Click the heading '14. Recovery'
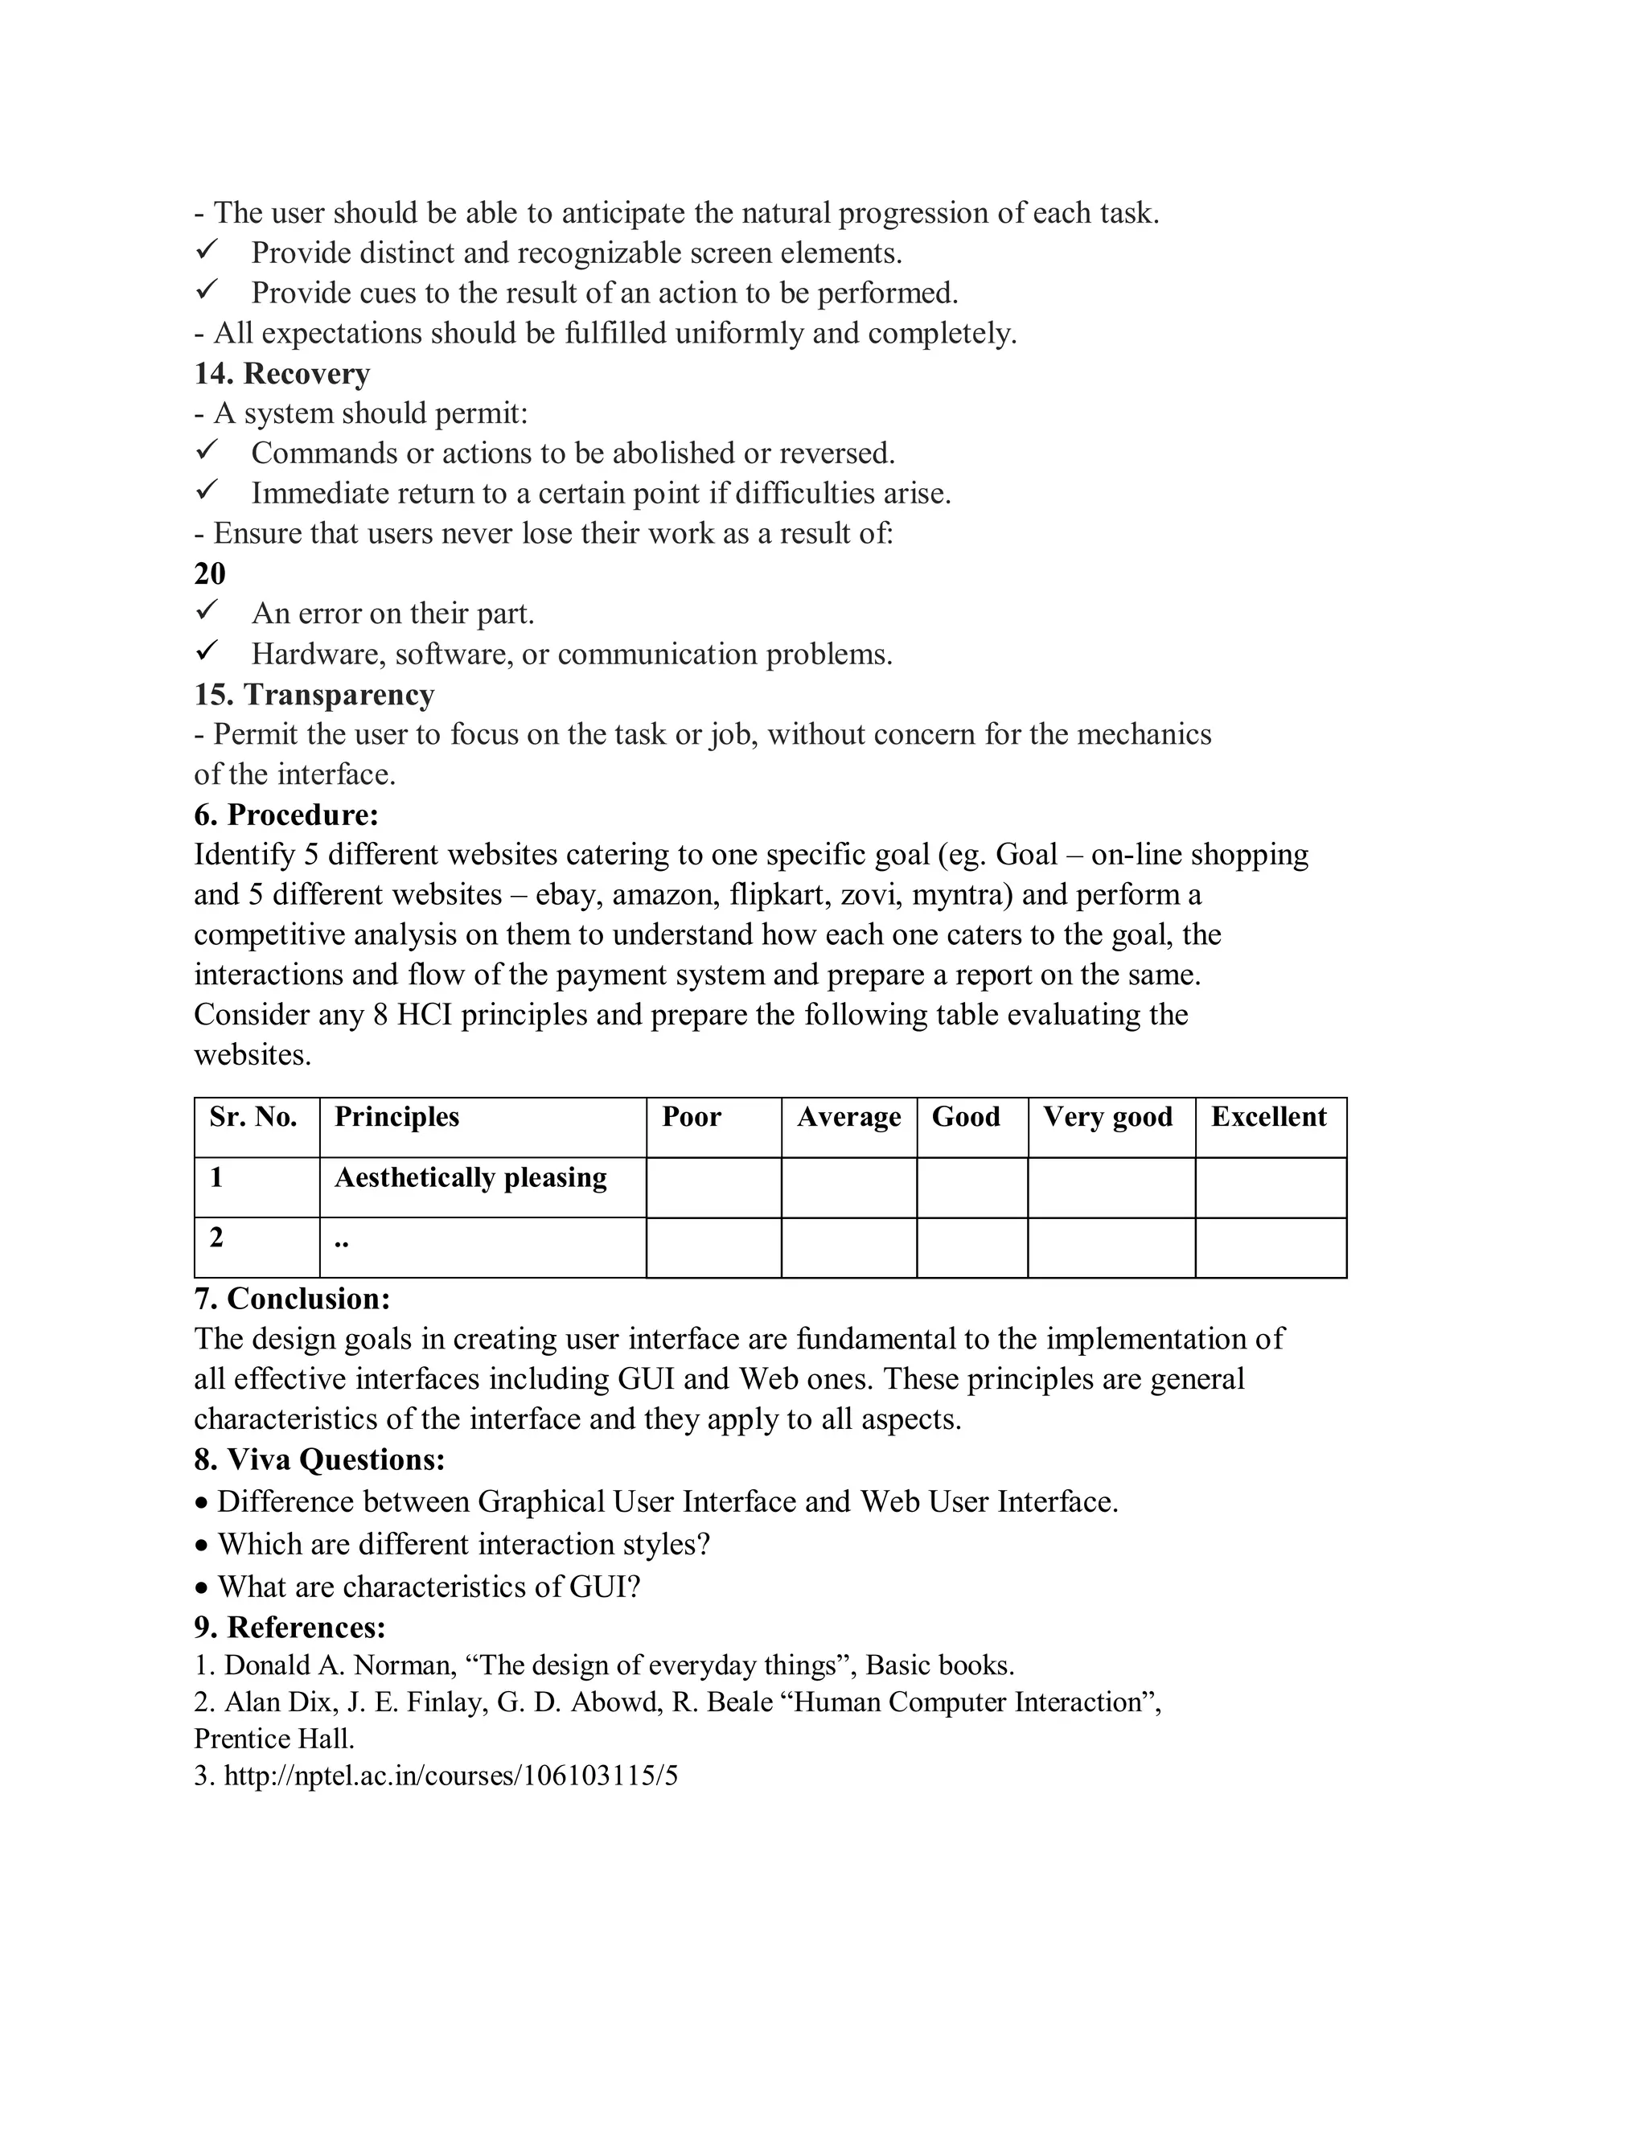tap(282, 374)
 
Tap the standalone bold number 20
tap(210, 573)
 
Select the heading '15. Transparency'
tap(314, 695)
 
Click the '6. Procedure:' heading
tap(285, 815)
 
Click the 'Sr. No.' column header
tap(253, 1117)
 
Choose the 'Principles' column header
tap(396, 1117)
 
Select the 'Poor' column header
tap(692, 1117)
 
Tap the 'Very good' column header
tap(1107, 1117)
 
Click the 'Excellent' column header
tap(1268, 1117)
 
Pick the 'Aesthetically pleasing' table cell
tap(470, 1178)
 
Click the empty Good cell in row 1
tap(971, 1188)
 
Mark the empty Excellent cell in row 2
tap(1271, 1248)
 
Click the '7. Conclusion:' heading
tap(292, 1300)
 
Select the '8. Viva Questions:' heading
tap(319, 1460)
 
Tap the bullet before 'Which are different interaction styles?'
tap(201, 1546)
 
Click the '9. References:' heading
tap(290, 1628)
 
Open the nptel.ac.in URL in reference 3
tap(451, 1776)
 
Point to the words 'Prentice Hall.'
tap(274, 1739)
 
